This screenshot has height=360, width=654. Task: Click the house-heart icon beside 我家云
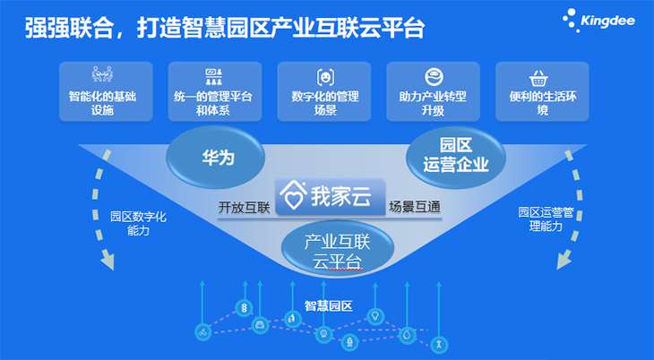pos(292,196)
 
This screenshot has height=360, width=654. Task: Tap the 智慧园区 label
pos(328,305)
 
